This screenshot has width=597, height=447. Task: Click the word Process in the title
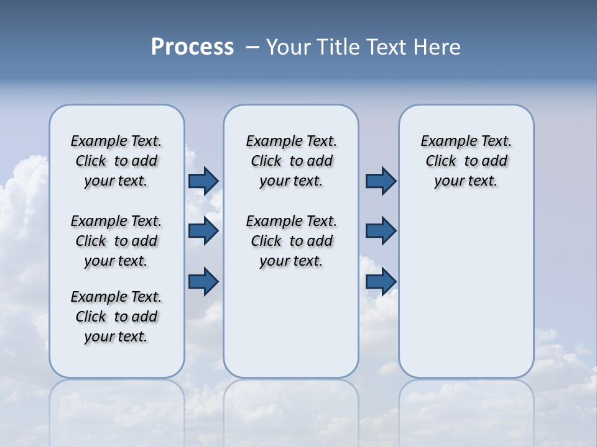[192, 47]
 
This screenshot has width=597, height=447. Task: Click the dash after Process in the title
[252, 47]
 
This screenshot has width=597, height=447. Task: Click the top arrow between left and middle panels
[203, 181]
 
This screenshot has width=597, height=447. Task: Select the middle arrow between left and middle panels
[203, 231]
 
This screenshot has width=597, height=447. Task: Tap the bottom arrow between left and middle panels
[203, 281]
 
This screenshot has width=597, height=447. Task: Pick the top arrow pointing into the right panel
[381, 181]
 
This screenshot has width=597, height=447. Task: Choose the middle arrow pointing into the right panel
[381, 231]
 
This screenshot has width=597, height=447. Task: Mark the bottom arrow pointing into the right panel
[381, 281]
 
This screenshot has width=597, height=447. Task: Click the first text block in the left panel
[116, 161]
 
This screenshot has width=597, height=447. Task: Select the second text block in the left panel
[116, 241]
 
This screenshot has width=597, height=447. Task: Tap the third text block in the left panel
[116, 317]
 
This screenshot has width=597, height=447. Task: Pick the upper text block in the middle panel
[291, 161]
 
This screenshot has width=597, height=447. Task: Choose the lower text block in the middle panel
[291, 241]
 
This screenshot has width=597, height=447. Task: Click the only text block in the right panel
[466, 161]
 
